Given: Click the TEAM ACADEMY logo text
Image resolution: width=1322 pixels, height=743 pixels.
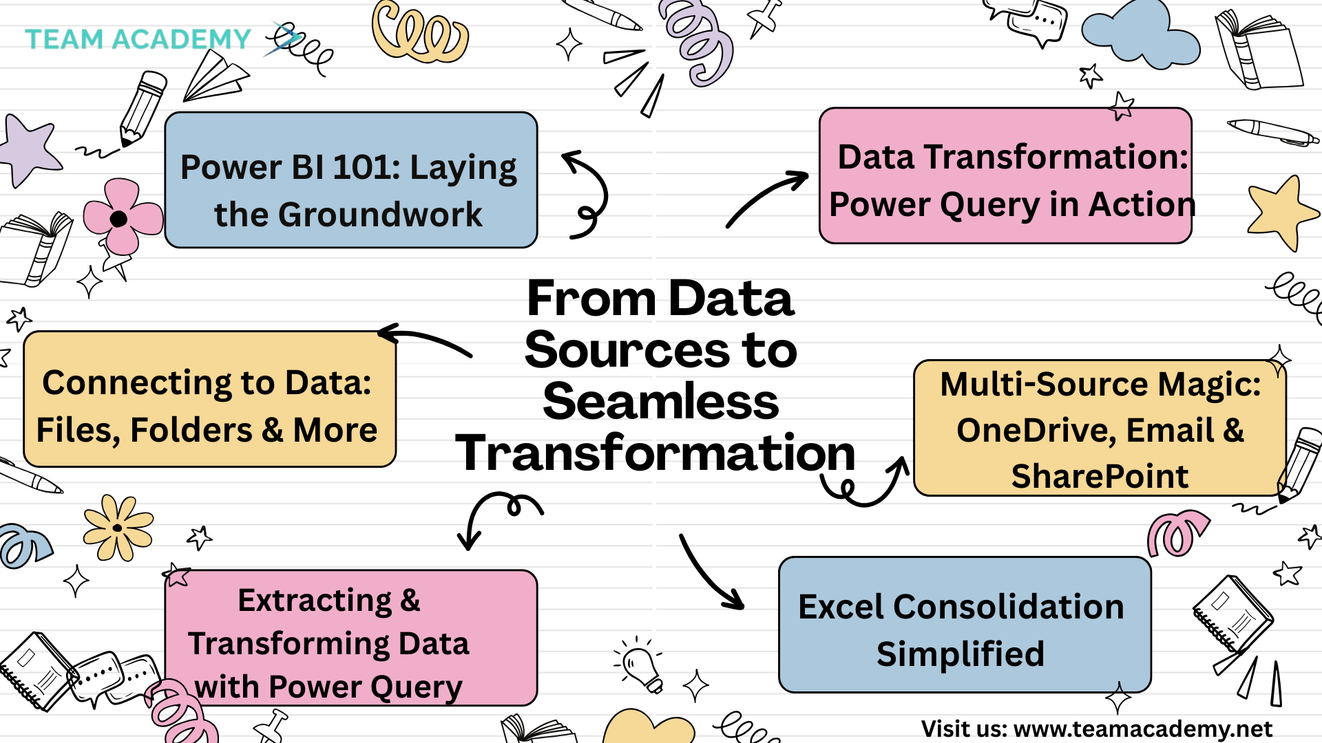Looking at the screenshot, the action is [138, 39].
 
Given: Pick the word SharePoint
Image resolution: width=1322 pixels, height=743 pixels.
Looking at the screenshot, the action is [1100, 476].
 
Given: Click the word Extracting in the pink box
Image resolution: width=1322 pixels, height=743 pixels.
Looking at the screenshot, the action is [315, 601].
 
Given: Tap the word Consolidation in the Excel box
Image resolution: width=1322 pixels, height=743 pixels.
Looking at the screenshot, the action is [1009, 607].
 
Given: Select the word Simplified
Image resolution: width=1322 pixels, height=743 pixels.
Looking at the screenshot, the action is [961, 654].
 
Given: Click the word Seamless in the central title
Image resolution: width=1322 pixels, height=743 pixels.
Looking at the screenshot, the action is [661, 402].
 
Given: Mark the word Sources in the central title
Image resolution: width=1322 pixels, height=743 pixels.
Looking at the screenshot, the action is [627, 350].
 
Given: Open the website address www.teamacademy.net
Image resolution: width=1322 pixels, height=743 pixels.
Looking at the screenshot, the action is [1143, 729].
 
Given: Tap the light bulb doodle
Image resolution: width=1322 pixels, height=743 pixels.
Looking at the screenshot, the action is [640, 666].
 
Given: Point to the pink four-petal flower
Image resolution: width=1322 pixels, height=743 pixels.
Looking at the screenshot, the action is [123, 217].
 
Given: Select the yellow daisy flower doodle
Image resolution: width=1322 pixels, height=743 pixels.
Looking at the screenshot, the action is [118, 528].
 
